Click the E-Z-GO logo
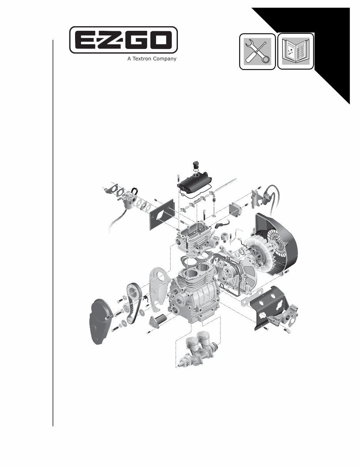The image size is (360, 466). point(123,40)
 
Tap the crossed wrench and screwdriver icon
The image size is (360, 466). point(257,51)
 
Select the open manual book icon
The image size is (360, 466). point(295,51)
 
